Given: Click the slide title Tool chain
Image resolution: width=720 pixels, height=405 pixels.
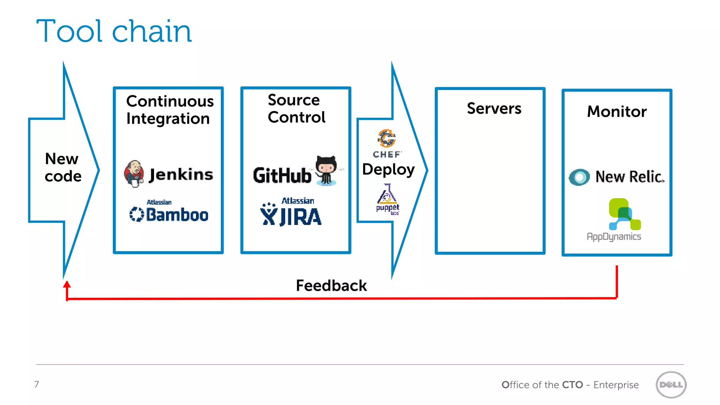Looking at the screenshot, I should (x=114, y=32).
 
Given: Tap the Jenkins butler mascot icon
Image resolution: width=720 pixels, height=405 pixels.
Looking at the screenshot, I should (x=134, y=173).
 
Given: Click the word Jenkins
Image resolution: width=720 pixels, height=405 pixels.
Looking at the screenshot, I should (x=181, y=174).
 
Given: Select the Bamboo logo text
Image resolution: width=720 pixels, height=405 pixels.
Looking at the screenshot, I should (x=177, y=214).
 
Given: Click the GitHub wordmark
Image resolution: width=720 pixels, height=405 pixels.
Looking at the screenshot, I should (x=282, y=175).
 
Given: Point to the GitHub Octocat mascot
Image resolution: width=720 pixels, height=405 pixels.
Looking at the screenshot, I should (x=326, y=171).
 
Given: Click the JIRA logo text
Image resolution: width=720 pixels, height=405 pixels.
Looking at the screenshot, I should (x=300, y=217).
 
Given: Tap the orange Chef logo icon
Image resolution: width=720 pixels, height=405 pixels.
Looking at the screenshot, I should (x=387, y=138).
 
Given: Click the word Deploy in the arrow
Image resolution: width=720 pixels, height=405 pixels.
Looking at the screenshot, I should (x=388, y=169).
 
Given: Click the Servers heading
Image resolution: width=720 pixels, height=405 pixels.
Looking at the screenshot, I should (x=494, y=108).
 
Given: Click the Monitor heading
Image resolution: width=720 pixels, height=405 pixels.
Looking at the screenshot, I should (x=617, y=111).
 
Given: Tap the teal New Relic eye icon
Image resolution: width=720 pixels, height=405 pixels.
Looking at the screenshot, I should (x=579, y=177).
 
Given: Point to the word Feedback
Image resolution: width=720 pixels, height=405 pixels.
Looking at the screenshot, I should (x=331, y=285).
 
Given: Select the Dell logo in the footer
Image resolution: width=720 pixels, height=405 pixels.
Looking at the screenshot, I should (x=671, y=385).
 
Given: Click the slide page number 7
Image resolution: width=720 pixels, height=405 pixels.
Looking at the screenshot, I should (x=37, y=384).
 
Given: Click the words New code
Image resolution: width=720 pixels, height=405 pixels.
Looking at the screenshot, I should (x=63, y=167).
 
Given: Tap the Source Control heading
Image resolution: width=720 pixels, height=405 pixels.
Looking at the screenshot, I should (x=296, y=108).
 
